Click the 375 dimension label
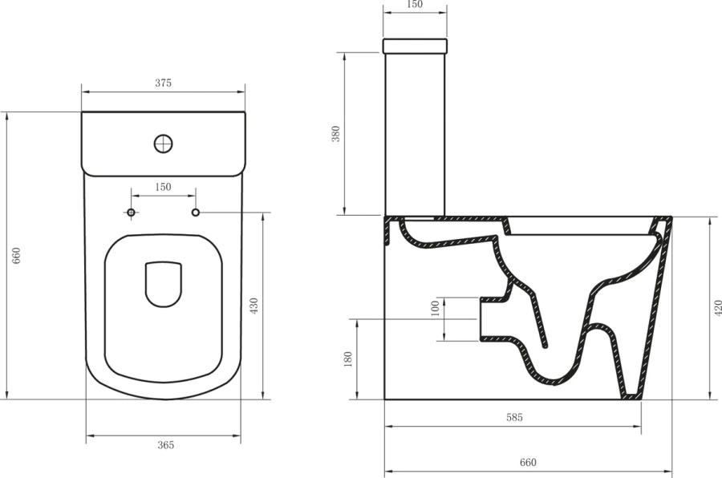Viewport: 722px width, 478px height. [163, 83]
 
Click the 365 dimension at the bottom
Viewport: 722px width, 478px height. [165, 444]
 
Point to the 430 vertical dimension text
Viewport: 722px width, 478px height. [254, 306]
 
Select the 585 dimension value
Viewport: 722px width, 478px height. [514, 417]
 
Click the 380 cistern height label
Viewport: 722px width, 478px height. [337, 133]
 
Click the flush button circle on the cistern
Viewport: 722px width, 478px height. [164, 144]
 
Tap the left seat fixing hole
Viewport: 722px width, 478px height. [132, 213]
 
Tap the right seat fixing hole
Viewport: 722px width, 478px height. [195, 213]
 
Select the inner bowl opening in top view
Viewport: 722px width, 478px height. [164, 285]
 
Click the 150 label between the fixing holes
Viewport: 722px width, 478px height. [163, 187]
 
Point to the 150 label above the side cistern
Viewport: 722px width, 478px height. [414, 5]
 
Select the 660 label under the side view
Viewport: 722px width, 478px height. [527, 463]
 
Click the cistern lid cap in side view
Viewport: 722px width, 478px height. [414, 45]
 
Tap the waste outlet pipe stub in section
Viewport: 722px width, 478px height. [491, 319]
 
